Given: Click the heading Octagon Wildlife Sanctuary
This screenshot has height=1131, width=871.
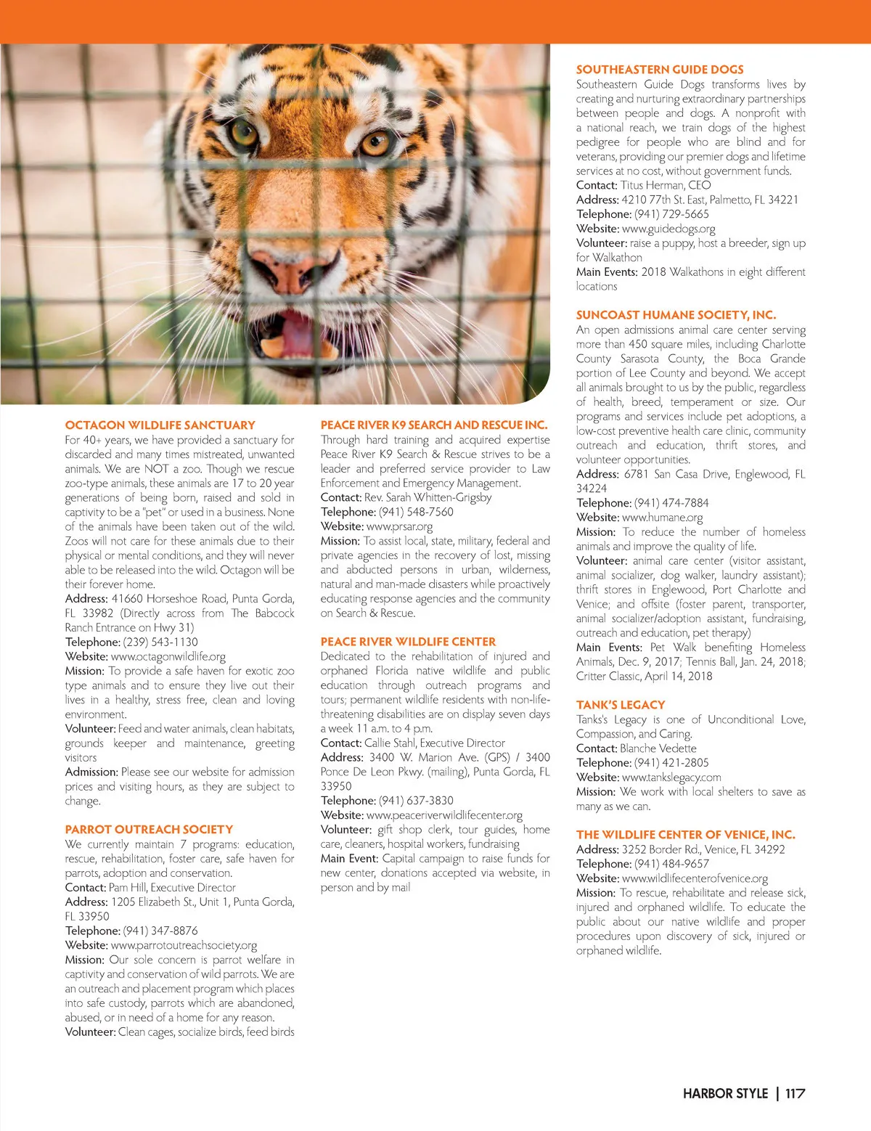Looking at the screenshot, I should (x=160, y=425).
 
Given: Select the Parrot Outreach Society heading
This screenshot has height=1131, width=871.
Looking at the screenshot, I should (x=149, y=829).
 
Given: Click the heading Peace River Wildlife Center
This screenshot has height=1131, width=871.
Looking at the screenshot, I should (x=408, y=642).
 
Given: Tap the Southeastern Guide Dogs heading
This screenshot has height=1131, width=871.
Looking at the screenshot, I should (x=659, y=70).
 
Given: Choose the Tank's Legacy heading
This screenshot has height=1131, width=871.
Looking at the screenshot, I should (x=620, y=705).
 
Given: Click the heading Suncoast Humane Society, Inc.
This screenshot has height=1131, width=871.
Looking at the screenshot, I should (x=676, y=315).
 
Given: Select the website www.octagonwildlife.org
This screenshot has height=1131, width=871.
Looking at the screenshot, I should (x=168, y=656).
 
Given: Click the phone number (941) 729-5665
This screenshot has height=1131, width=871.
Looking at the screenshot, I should (x=671, y=214).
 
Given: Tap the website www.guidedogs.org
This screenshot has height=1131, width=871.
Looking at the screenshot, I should (x=668, y=229).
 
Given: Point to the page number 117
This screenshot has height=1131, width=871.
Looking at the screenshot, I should (x=795, y=1093).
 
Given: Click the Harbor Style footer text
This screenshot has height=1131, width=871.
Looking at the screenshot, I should (x=724, y=1093).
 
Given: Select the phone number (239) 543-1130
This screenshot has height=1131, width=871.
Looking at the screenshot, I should (x=160, y=642).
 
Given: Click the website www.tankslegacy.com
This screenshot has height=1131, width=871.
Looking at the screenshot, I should (x=671, y=777).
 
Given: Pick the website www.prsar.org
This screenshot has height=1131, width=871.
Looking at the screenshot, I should (x=399, y=526).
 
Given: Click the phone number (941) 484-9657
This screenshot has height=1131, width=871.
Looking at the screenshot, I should (x=671, y=864).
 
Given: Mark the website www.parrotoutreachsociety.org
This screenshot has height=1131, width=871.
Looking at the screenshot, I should (x=184, y=945).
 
